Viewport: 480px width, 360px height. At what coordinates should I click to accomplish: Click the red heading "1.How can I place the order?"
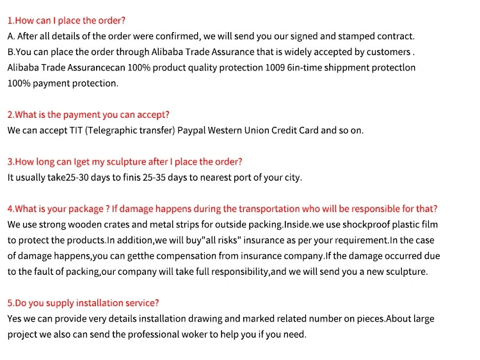click(67, 20)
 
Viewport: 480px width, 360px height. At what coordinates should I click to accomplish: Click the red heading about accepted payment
click(88, 115)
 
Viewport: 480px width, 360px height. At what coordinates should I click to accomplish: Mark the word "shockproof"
click(365, 224)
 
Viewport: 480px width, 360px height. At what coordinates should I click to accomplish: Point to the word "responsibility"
click(238, 272)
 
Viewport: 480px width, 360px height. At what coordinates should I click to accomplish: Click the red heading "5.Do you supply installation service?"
click(83, 303)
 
